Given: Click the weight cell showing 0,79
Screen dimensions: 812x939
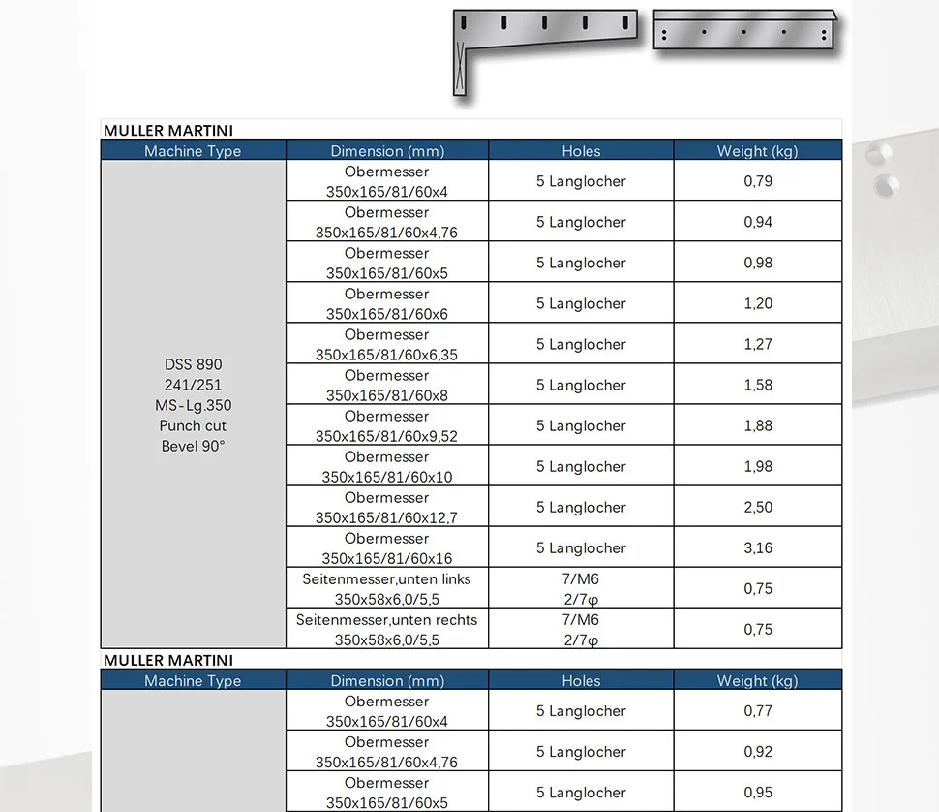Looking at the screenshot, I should (758, 181).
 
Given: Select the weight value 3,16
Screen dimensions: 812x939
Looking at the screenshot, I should (758, 547).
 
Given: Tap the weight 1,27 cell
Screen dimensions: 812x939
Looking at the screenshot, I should (758, 344).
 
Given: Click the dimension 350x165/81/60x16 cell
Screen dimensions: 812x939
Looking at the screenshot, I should (387, 548).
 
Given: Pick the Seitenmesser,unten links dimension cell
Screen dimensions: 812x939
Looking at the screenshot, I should (387, 589).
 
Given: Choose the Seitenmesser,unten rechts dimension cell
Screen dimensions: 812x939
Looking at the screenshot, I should (387, 630).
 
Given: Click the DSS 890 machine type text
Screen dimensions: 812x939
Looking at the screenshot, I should (193, 364).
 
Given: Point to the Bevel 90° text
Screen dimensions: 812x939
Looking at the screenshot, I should (193, 447).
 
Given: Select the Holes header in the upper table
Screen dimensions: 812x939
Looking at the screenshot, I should (581, 151).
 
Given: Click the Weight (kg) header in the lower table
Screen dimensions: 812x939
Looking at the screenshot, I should (758, 681).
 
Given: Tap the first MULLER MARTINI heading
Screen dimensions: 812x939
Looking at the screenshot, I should (168, 131).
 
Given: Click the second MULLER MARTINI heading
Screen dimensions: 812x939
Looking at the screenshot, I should (168, 661).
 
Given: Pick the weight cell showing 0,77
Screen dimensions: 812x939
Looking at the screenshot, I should (758, 711).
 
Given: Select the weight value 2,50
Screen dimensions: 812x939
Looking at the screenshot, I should (758, 507).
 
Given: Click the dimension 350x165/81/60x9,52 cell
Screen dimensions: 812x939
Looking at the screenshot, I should (387, 426).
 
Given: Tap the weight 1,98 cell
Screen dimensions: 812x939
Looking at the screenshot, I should (758, 466).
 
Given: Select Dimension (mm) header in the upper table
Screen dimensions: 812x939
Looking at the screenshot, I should (387, 151).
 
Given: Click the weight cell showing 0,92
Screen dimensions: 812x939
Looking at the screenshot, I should (758, 752).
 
